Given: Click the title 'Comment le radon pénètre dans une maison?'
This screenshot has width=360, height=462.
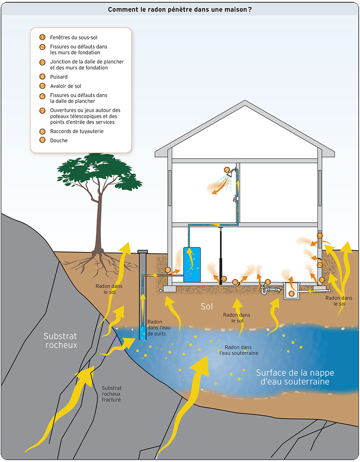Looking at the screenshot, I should [x=180, y=9].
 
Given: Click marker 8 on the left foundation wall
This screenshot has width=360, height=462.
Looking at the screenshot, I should [x=168, y=270].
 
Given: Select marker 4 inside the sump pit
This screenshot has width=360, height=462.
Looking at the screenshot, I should [x=292, y=293].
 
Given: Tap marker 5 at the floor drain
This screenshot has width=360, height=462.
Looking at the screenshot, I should [x=268, y=282].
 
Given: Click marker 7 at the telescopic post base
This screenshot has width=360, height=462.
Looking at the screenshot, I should [x=224, y=279].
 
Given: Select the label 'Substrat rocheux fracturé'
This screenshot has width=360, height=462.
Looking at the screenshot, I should [x=111, y=393].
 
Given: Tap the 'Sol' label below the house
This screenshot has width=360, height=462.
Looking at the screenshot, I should [x=207, y=307].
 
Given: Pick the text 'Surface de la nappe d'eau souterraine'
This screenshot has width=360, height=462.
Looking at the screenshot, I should [x=292, y=377].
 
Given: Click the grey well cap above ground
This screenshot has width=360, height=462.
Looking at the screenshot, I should [x=143, y=251].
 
